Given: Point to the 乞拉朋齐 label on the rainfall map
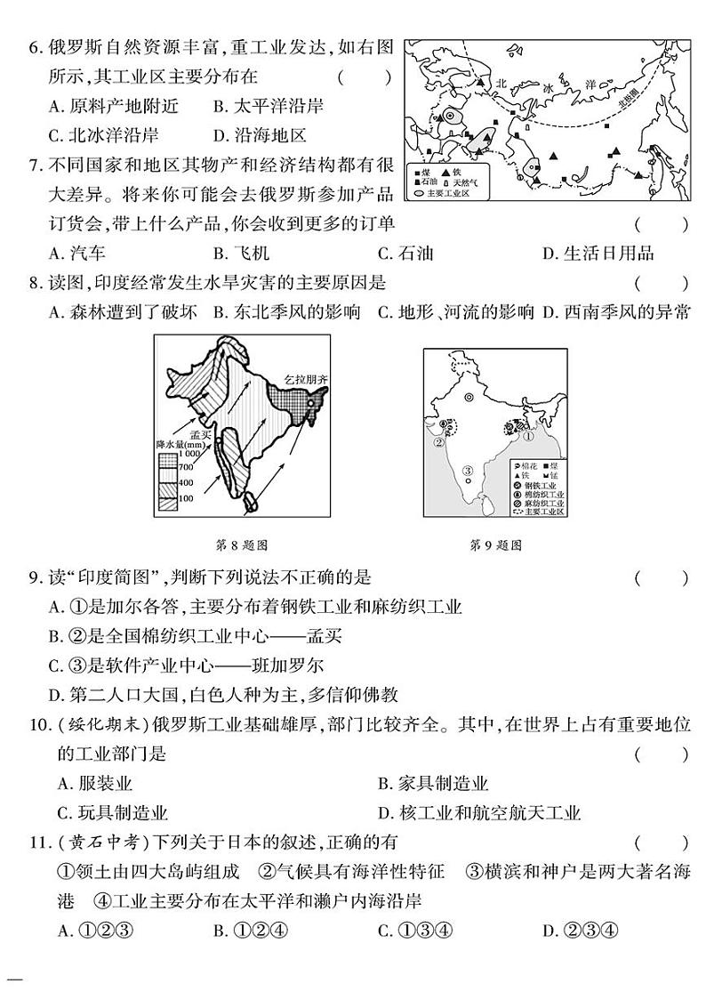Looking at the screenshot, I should coord(306,378).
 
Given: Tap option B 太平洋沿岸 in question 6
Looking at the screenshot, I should coord(267,107).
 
